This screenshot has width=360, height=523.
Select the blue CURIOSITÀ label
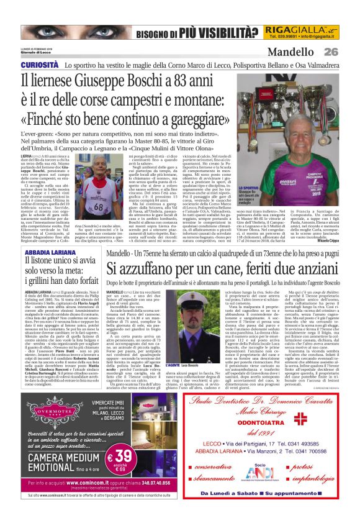tap(40, 65)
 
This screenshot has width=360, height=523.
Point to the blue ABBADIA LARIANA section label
tap(49, 253)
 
